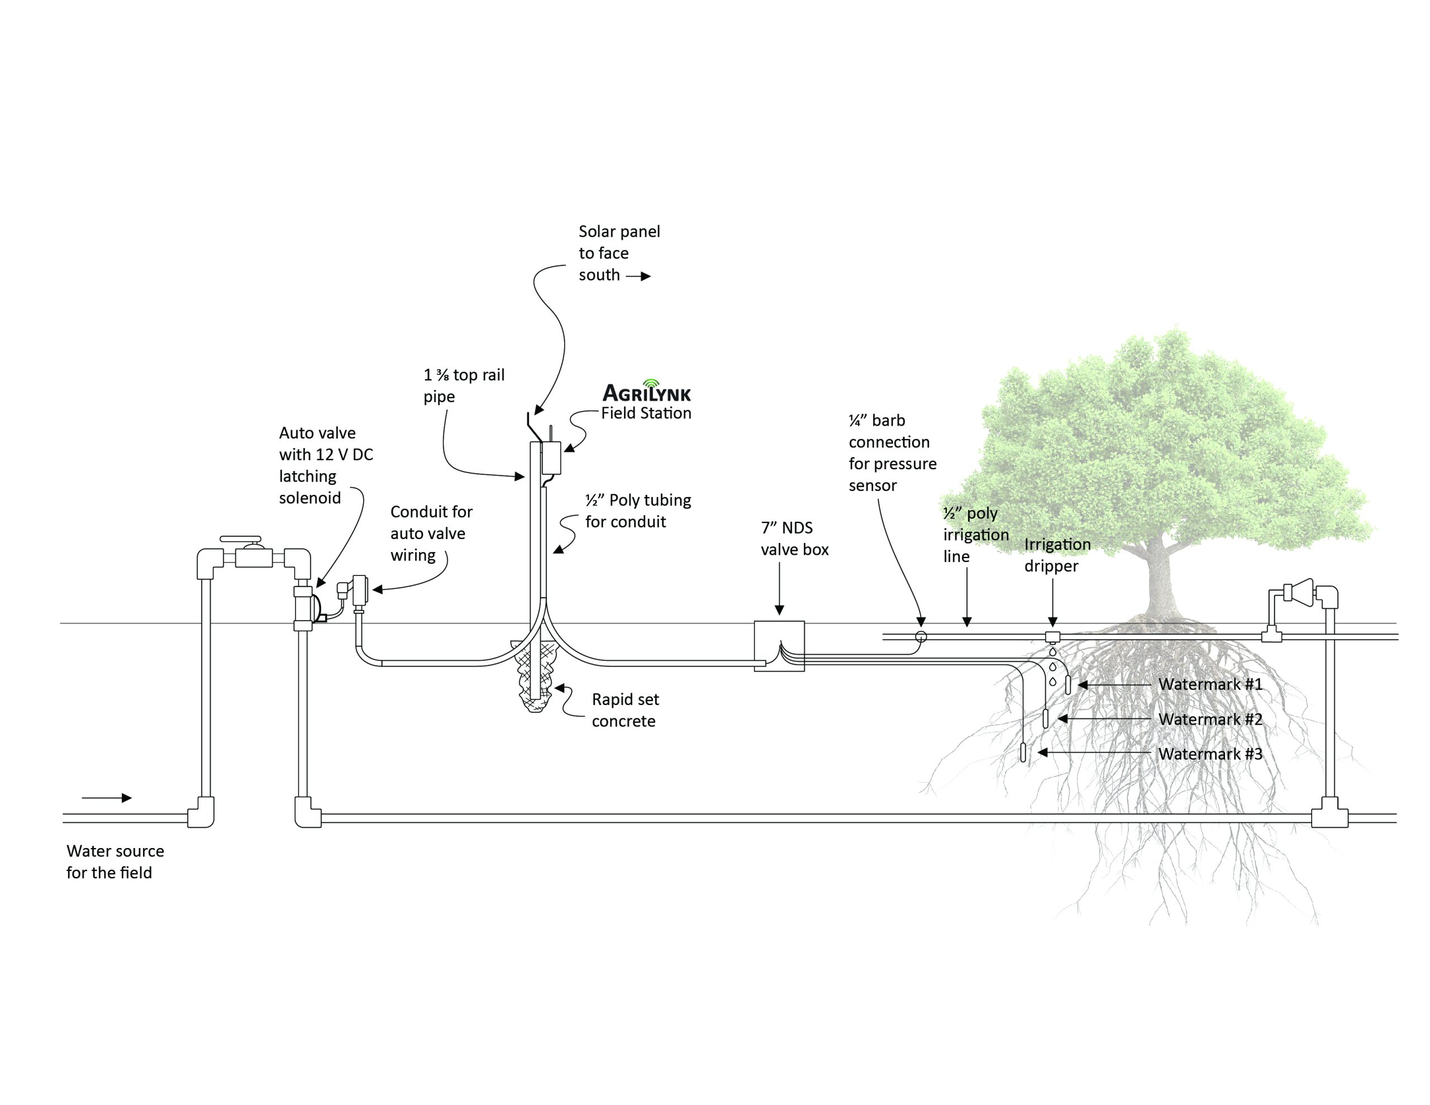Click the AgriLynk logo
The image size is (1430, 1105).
click(646, 392)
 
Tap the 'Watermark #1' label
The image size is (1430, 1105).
click(1210, 684)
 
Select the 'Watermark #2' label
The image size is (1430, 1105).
click(1210, 719)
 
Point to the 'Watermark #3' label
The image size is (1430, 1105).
click(1210, 754)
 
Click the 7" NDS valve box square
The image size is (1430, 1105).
click(779, 646)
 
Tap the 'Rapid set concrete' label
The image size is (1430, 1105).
click(625, 710)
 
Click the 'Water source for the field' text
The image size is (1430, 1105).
click(115, 861)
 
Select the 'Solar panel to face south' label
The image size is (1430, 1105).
click(619, 253)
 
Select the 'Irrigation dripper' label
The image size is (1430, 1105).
click(1057, 555)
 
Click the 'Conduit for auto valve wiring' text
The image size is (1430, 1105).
click(431, 533)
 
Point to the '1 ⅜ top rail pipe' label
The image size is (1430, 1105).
click(464, 385)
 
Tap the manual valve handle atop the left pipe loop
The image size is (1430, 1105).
click(241, 539)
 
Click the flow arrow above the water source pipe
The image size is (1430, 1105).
click(107, 798)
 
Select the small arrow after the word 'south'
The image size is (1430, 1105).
click(638, 277)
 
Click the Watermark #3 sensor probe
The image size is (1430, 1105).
click(1023, 752)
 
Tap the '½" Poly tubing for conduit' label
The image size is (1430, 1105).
click(638, 511)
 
